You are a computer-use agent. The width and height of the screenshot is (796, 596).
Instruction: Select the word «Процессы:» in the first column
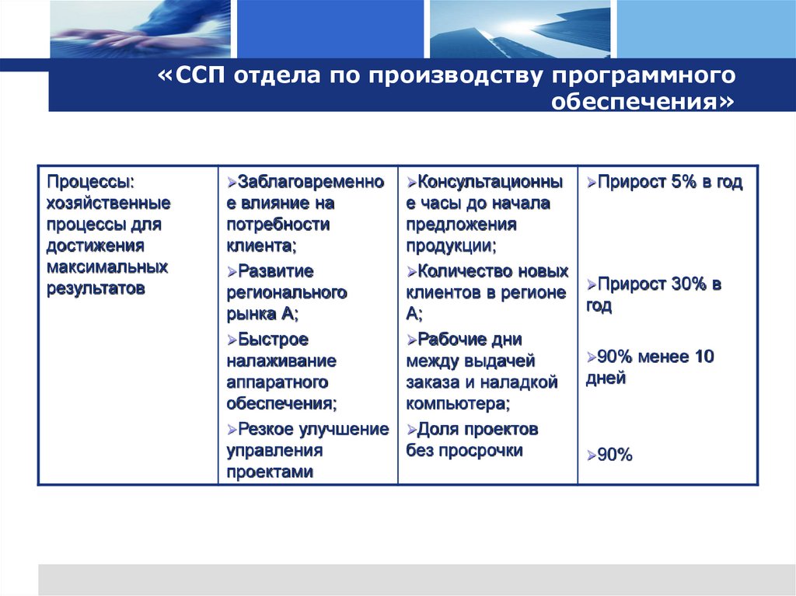[91, 182]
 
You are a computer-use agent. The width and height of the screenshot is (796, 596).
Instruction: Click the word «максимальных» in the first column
[106, 267]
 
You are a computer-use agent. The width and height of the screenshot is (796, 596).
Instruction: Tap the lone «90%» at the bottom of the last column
[614, 455]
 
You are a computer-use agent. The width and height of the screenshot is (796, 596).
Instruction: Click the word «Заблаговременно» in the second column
[311, 182]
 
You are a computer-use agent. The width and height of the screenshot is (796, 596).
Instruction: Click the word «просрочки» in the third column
[480, 451]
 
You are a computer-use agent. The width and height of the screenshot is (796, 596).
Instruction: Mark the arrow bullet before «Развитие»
[232, 272]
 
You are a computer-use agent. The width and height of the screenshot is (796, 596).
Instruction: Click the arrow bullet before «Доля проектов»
[411, 430]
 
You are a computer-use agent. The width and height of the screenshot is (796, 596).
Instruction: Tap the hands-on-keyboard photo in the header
[140, 29]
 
